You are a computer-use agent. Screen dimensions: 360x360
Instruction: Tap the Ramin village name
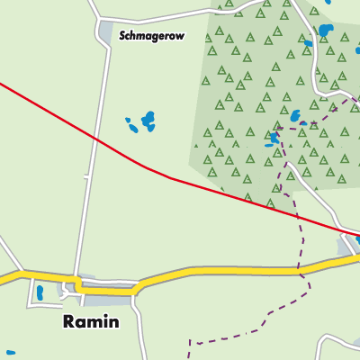coord(90,321)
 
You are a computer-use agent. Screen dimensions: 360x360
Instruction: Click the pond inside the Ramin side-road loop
coord(40,292)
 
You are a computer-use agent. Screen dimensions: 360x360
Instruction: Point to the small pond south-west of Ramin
coord(10,353)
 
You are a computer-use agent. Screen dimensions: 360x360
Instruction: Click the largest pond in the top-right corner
coord(325,32)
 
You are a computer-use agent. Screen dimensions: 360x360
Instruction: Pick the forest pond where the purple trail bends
coord(274,138)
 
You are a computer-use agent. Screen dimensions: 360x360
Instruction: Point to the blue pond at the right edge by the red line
coord(357,239)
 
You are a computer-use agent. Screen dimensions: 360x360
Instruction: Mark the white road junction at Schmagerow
coord(99,20)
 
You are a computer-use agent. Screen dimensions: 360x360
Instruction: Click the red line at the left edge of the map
coord(4,85)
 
